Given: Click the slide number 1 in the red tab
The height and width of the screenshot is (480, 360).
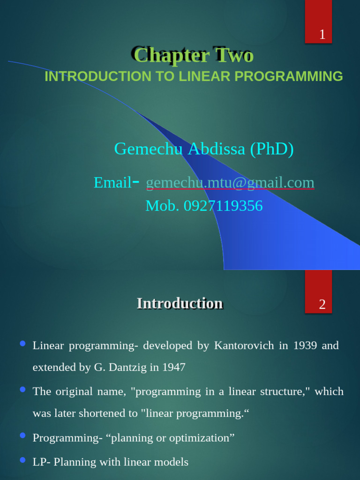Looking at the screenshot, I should (x=322, y=35).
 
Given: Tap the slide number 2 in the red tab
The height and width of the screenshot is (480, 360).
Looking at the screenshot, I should (x=322, y=305).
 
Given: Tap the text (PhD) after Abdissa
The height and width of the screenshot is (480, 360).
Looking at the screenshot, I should (x=272, y=149).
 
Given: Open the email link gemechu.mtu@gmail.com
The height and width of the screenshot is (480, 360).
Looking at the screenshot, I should (x=230, y=182).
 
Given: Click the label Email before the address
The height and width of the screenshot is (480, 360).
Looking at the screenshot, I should (x=112, y=182).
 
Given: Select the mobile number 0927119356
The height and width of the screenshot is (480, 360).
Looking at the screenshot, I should (x=223, y=206).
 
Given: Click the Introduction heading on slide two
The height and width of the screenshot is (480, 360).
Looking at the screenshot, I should (x=180, y=303).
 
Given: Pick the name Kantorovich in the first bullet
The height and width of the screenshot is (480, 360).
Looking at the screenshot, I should (x=244, y=346).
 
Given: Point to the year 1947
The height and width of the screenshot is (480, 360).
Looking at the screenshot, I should (x=173, y=367).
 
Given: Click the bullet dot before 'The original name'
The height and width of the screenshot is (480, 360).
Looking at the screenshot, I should (x=22, y=390).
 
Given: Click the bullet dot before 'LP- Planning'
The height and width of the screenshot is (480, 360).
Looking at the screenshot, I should (x=22, y=461).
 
